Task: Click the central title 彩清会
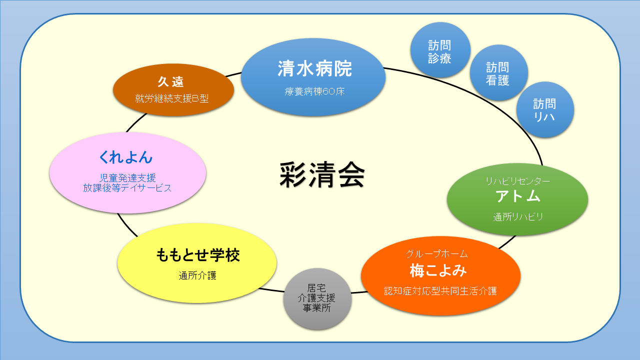click(322, 175)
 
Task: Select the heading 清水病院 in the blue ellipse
click(314, 69)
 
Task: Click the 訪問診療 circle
click(440, 51)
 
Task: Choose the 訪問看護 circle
click(497, 73)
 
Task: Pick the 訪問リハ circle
click(544, 110)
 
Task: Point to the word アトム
click(517, 196)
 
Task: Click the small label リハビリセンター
click(517, 181)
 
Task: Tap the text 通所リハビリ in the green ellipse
click(517, 217)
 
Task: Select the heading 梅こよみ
click(438, 270)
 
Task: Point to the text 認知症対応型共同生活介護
click(440, 290)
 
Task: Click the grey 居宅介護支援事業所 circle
click(317, 298)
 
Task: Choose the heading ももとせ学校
click(198, 255)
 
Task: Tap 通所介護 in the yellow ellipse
click(197, 275)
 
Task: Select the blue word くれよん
click(125, 157)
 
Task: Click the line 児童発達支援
click(127, 178)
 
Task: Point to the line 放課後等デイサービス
click(127, 188)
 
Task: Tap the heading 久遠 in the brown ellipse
click(171, 82)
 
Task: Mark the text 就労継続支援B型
click(171, 98)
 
